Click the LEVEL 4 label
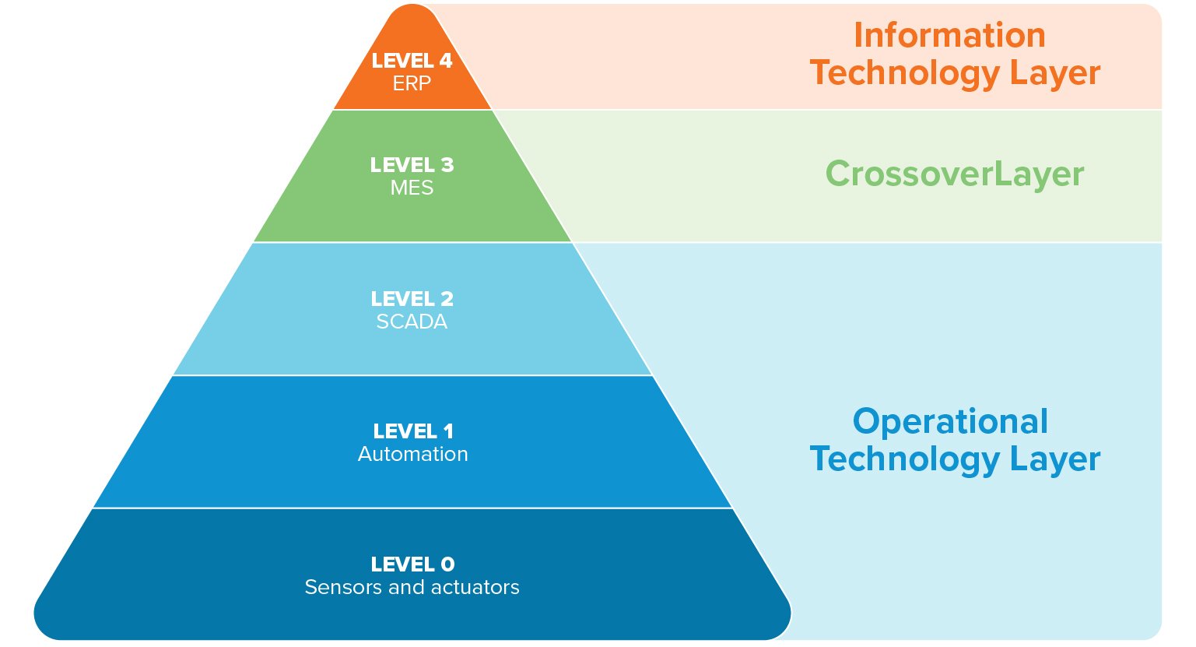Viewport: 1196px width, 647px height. pyautogui.click(x=412, y=61)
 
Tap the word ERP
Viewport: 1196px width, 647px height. pyautogui.click(x=412, y=83)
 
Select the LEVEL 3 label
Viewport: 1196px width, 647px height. pyautogui.click(x=412, y=165)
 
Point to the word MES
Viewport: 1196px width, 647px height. pyautogui.click(x=412, y=188)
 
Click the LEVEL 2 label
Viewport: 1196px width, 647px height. pyautogui.click(x=412, y=299)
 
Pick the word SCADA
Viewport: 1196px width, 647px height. pyautogui.click(x=412, y=322)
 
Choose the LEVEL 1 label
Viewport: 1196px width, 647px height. pyautogui.click(x=412, y=431)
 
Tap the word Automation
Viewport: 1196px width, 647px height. pyautogui.click(x=412, y=454)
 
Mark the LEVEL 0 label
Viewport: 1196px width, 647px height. pyautogui.click(x=412, y=564)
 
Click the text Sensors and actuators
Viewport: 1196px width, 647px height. pyautogui.click(x=412, y=587)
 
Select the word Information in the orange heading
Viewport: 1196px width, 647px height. pyautogui.click(x=949, y=36)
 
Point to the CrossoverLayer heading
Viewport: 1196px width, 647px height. pyautogui.click(x=954, y=174)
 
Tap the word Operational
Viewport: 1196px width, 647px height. pyautogui.click(x=950, y=422)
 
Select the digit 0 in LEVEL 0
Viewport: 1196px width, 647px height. pyautogui.click(x=447, y=564)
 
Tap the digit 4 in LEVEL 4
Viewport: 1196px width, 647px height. pyautogui.click(x=446, y=61)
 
